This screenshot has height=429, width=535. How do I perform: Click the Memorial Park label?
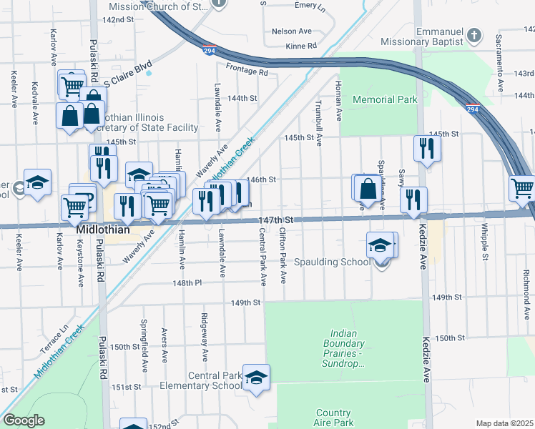tap(385, 100)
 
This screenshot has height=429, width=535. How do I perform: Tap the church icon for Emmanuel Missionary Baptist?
tap(473, 35)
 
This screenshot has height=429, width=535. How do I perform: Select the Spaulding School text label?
tap(331, 262)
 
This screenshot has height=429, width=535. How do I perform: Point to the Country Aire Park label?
tap(333, 418)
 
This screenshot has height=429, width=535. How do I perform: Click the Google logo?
tap(23, 420)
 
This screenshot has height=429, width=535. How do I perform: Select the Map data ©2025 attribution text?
tap(504, 423)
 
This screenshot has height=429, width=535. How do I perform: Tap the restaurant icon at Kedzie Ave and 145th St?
tap(427, 148)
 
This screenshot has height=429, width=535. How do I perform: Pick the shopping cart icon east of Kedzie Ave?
tap(522, 189)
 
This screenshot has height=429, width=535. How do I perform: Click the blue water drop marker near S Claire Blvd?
tap(148, 72)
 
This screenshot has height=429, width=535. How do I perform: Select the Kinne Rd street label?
tap(301, 46)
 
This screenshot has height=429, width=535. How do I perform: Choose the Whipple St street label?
tap(485, 245)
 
